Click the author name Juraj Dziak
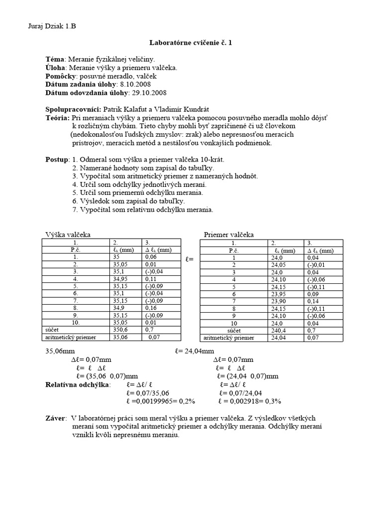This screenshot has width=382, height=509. tap(44, 26)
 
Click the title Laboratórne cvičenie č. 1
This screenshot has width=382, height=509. tap(191, 43)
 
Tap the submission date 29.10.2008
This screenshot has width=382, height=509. tap(148, 92)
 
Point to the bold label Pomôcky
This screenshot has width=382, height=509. tap(60, 76)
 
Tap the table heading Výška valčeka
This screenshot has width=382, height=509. tap(68, 235)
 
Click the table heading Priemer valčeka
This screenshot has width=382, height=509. tap(229, 235)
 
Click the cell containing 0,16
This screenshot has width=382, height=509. tap(150, 308)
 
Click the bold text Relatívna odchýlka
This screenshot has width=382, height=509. tap(78, 385)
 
